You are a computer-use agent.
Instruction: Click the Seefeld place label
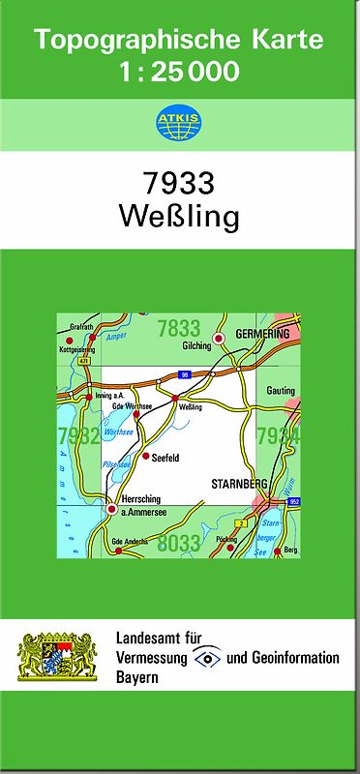166,457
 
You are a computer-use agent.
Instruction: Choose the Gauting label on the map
281,390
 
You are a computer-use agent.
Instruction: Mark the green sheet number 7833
178,329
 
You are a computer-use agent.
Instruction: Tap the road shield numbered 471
84,360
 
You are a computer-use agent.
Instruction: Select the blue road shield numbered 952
293,501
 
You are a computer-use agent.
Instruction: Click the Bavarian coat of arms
57,657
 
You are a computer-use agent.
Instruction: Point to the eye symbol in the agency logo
207,658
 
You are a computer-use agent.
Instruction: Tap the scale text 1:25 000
179,71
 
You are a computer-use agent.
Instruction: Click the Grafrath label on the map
80,327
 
